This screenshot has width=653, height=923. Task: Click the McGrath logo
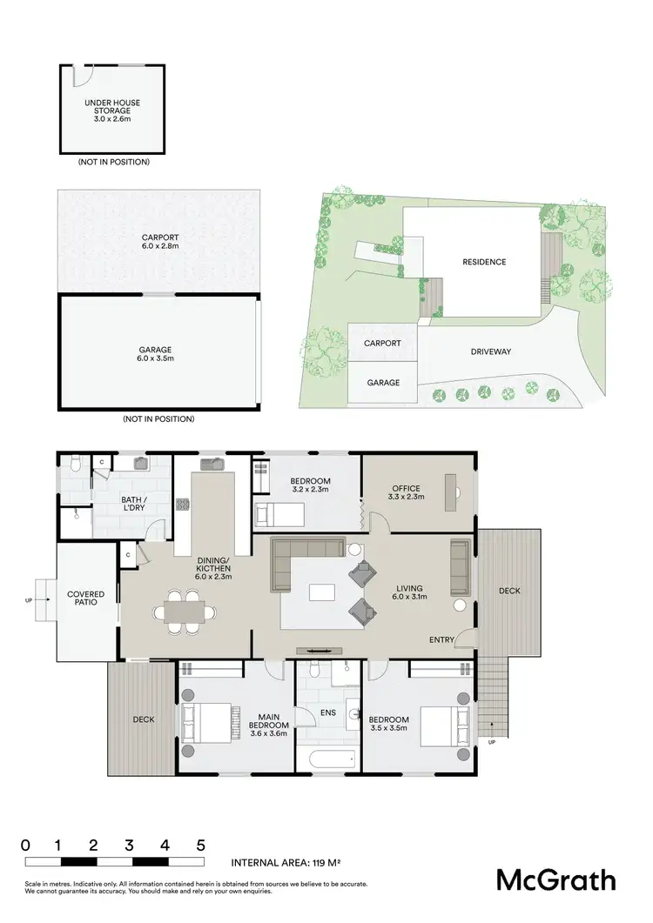555,880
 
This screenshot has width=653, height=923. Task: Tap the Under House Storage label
111,108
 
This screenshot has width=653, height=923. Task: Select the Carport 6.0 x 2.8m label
159,241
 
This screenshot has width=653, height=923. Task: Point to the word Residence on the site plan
484,262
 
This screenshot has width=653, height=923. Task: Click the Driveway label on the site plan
491,351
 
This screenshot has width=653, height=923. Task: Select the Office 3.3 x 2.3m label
405,492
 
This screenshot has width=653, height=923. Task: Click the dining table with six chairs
183,611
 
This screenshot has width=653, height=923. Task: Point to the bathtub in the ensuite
326,759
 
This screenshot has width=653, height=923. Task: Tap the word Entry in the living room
441,640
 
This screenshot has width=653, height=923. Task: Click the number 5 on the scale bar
201,845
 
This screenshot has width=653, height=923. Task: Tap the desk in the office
450,492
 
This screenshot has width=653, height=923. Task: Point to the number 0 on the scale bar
26,845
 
